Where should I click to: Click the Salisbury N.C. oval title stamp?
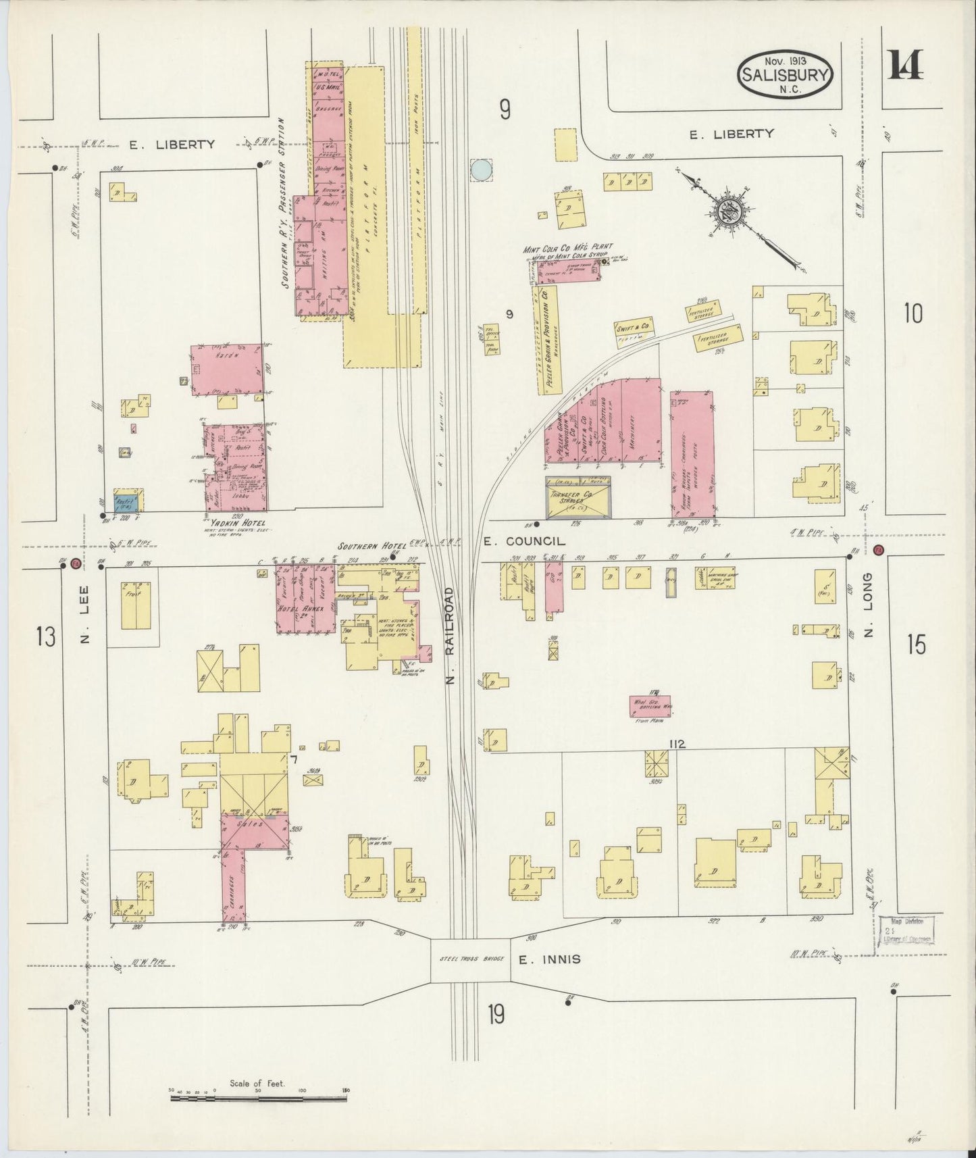pyautogui.click(x=786, y=74)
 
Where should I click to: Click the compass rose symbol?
pyautogui.click(x=732, y=213)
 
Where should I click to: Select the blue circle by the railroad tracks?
pyautogui.click(x=481, y=170)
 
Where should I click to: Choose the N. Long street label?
pyautogui.click(x=869, y=605)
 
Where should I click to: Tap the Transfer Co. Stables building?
pyautogui.click(x=578, y=497)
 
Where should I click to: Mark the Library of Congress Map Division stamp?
pyautogui.click(x=906, y=936)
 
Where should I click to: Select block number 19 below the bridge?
pyautogui.click(x=496, y=1014)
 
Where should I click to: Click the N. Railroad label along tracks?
pyautogui.click(x=451, y=635)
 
